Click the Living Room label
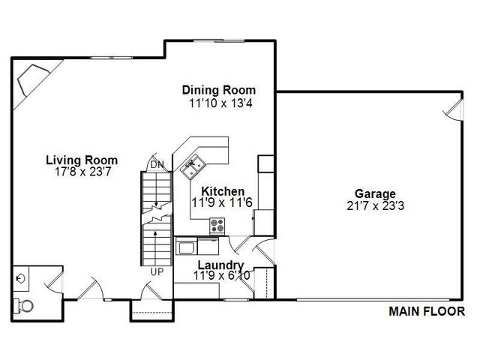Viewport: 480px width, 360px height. click(x=82, y=160)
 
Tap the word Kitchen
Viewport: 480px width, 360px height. click(x=223, y=192)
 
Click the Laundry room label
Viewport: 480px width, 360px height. click(x=220, y=265)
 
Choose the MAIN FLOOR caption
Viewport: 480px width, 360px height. click(x=426, y=311)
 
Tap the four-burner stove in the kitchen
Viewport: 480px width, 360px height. click(x=217, y=223)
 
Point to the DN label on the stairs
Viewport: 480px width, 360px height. click(x=157, y=164)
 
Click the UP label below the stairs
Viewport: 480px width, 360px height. click(x=157, y=271)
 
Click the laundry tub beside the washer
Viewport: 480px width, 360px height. click(x=185, y=246)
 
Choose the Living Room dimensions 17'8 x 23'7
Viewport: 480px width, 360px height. click(x=82, y=171)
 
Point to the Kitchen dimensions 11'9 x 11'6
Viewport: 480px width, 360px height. click(x=223, y=203)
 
